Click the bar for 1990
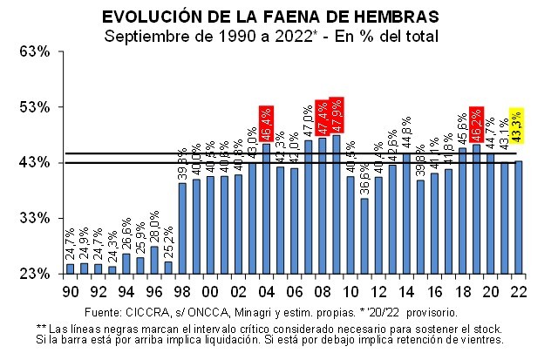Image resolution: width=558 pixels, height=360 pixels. point(71,268)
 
